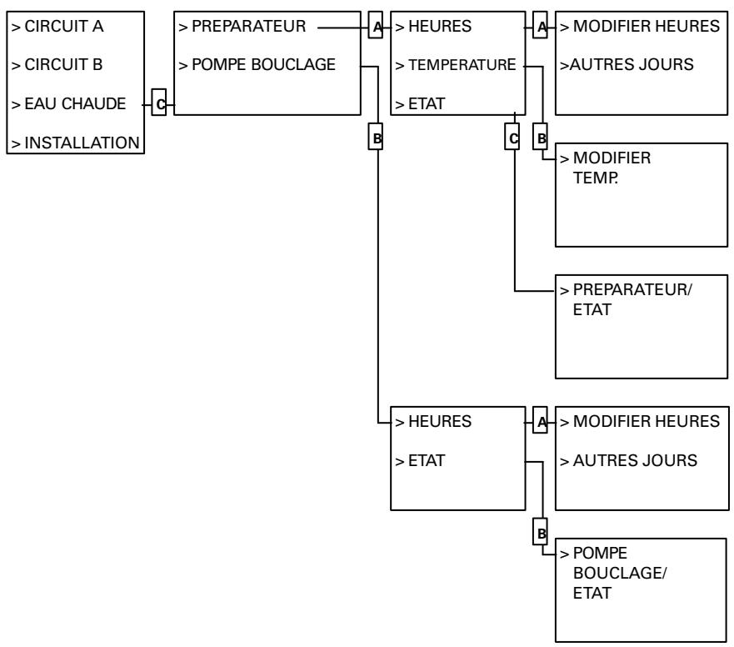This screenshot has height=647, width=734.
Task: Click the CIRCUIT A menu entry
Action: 57,27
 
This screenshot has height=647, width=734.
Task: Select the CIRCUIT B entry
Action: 57,65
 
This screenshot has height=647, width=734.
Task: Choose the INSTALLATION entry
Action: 74,143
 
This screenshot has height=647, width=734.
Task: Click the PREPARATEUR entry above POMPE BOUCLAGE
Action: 242,27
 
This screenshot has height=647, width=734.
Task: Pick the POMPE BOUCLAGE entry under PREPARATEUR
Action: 259,65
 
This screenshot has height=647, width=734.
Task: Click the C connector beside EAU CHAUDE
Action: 158,104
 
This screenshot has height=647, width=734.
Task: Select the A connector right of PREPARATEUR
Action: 376,27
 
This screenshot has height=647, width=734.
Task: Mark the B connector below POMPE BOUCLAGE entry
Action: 376,138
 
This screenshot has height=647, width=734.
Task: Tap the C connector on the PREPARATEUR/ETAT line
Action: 512,138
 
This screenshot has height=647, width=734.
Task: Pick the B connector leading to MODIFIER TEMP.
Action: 540,138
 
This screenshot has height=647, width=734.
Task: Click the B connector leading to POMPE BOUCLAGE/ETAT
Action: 540,530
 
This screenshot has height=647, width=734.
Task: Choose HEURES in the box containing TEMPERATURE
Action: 433,27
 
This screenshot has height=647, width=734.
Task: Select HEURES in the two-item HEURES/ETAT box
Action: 433,422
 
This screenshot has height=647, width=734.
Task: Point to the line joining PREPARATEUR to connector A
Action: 342,27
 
